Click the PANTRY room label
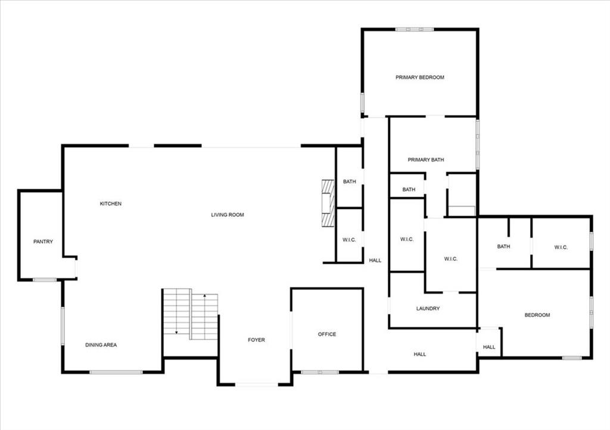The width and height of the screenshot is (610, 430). point(43,241)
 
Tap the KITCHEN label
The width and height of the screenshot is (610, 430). point(110,203)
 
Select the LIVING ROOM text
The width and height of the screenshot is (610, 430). point(228,214)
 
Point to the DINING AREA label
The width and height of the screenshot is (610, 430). point(101,344)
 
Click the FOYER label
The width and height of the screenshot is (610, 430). point(256,340)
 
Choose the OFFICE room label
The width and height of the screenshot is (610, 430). point(327,334)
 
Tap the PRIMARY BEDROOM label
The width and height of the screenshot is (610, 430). point(420,77)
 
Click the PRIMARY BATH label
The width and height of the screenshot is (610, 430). point(425,160)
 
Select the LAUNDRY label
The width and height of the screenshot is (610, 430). point(428,309)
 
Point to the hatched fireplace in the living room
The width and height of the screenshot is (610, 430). point(328,203)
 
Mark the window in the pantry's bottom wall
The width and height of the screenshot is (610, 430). point(44,279)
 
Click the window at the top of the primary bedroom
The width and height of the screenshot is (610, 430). point(415,29)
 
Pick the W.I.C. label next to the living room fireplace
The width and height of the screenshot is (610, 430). point(349,240)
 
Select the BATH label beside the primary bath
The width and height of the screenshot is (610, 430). point(409,189)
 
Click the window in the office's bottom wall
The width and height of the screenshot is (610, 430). point(320,372)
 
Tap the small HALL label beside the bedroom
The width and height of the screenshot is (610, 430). point(489,347)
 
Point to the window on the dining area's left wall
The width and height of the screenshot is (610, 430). point(63,326)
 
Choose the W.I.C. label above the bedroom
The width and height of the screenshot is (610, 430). point(561,247)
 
